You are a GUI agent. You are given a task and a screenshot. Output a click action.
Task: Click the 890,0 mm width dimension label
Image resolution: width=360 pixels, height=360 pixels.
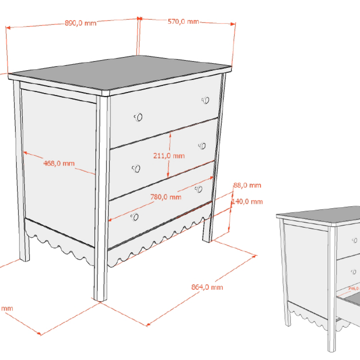(x=81, y=23)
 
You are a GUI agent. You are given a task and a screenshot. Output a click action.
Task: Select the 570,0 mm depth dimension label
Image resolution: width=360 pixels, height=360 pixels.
(x=183, y=22)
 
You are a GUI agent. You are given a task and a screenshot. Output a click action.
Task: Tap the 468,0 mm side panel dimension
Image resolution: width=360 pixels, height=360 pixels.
(x=59, y=163)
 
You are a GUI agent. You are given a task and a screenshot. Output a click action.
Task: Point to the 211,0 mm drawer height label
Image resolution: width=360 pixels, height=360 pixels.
(x=169, y=156)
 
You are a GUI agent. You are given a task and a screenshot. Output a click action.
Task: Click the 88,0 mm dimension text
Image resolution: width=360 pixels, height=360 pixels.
(x=247, y=185)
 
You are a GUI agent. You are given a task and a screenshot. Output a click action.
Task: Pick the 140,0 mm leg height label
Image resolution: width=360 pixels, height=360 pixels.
(x=247, y=202)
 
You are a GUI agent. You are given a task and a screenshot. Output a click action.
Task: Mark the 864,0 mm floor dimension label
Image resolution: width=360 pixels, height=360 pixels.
(x=207, y=287)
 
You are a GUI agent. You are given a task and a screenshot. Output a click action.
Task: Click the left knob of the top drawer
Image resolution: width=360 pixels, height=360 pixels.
(x=139, y=117)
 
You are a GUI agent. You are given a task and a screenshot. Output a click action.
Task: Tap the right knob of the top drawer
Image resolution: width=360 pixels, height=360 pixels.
(x=206, y=100)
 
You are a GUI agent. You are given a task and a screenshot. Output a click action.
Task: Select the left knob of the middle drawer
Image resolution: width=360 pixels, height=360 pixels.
(x=136, y=168)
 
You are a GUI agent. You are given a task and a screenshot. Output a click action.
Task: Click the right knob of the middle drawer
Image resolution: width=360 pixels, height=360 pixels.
(x=202, y=146)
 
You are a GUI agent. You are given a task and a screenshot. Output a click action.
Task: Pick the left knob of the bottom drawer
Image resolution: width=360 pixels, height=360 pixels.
(x=135, y=217)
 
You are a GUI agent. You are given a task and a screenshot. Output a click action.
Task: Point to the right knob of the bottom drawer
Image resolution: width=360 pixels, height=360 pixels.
(x=199, y=189)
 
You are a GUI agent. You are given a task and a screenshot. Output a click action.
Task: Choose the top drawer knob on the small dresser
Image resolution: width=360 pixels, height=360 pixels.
(x=355, y=240)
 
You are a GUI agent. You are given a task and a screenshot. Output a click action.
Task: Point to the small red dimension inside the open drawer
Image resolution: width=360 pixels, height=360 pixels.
(x=354, y=288)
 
